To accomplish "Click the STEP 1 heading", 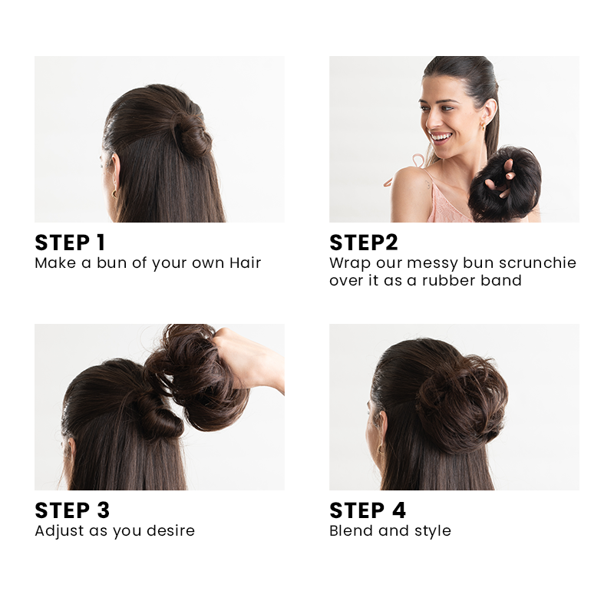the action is tap(70, 243).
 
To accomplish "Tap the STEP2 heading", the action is tap(364, 243).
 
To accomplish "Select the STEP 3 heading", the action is tap(72, 510).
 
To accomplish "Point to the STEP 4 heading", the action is tap(368, 510).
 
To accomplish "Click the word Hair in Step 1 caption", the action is tap(245, 262).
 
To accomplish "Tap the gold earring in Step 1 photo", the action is tap(114, 193).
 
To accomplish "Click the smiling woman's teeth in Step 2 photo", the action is tap(441, 137).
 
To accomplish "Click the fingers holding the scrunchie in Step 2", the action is tap(500, 178).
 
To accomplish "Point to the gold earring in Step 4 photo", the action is tap(380, 449).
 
